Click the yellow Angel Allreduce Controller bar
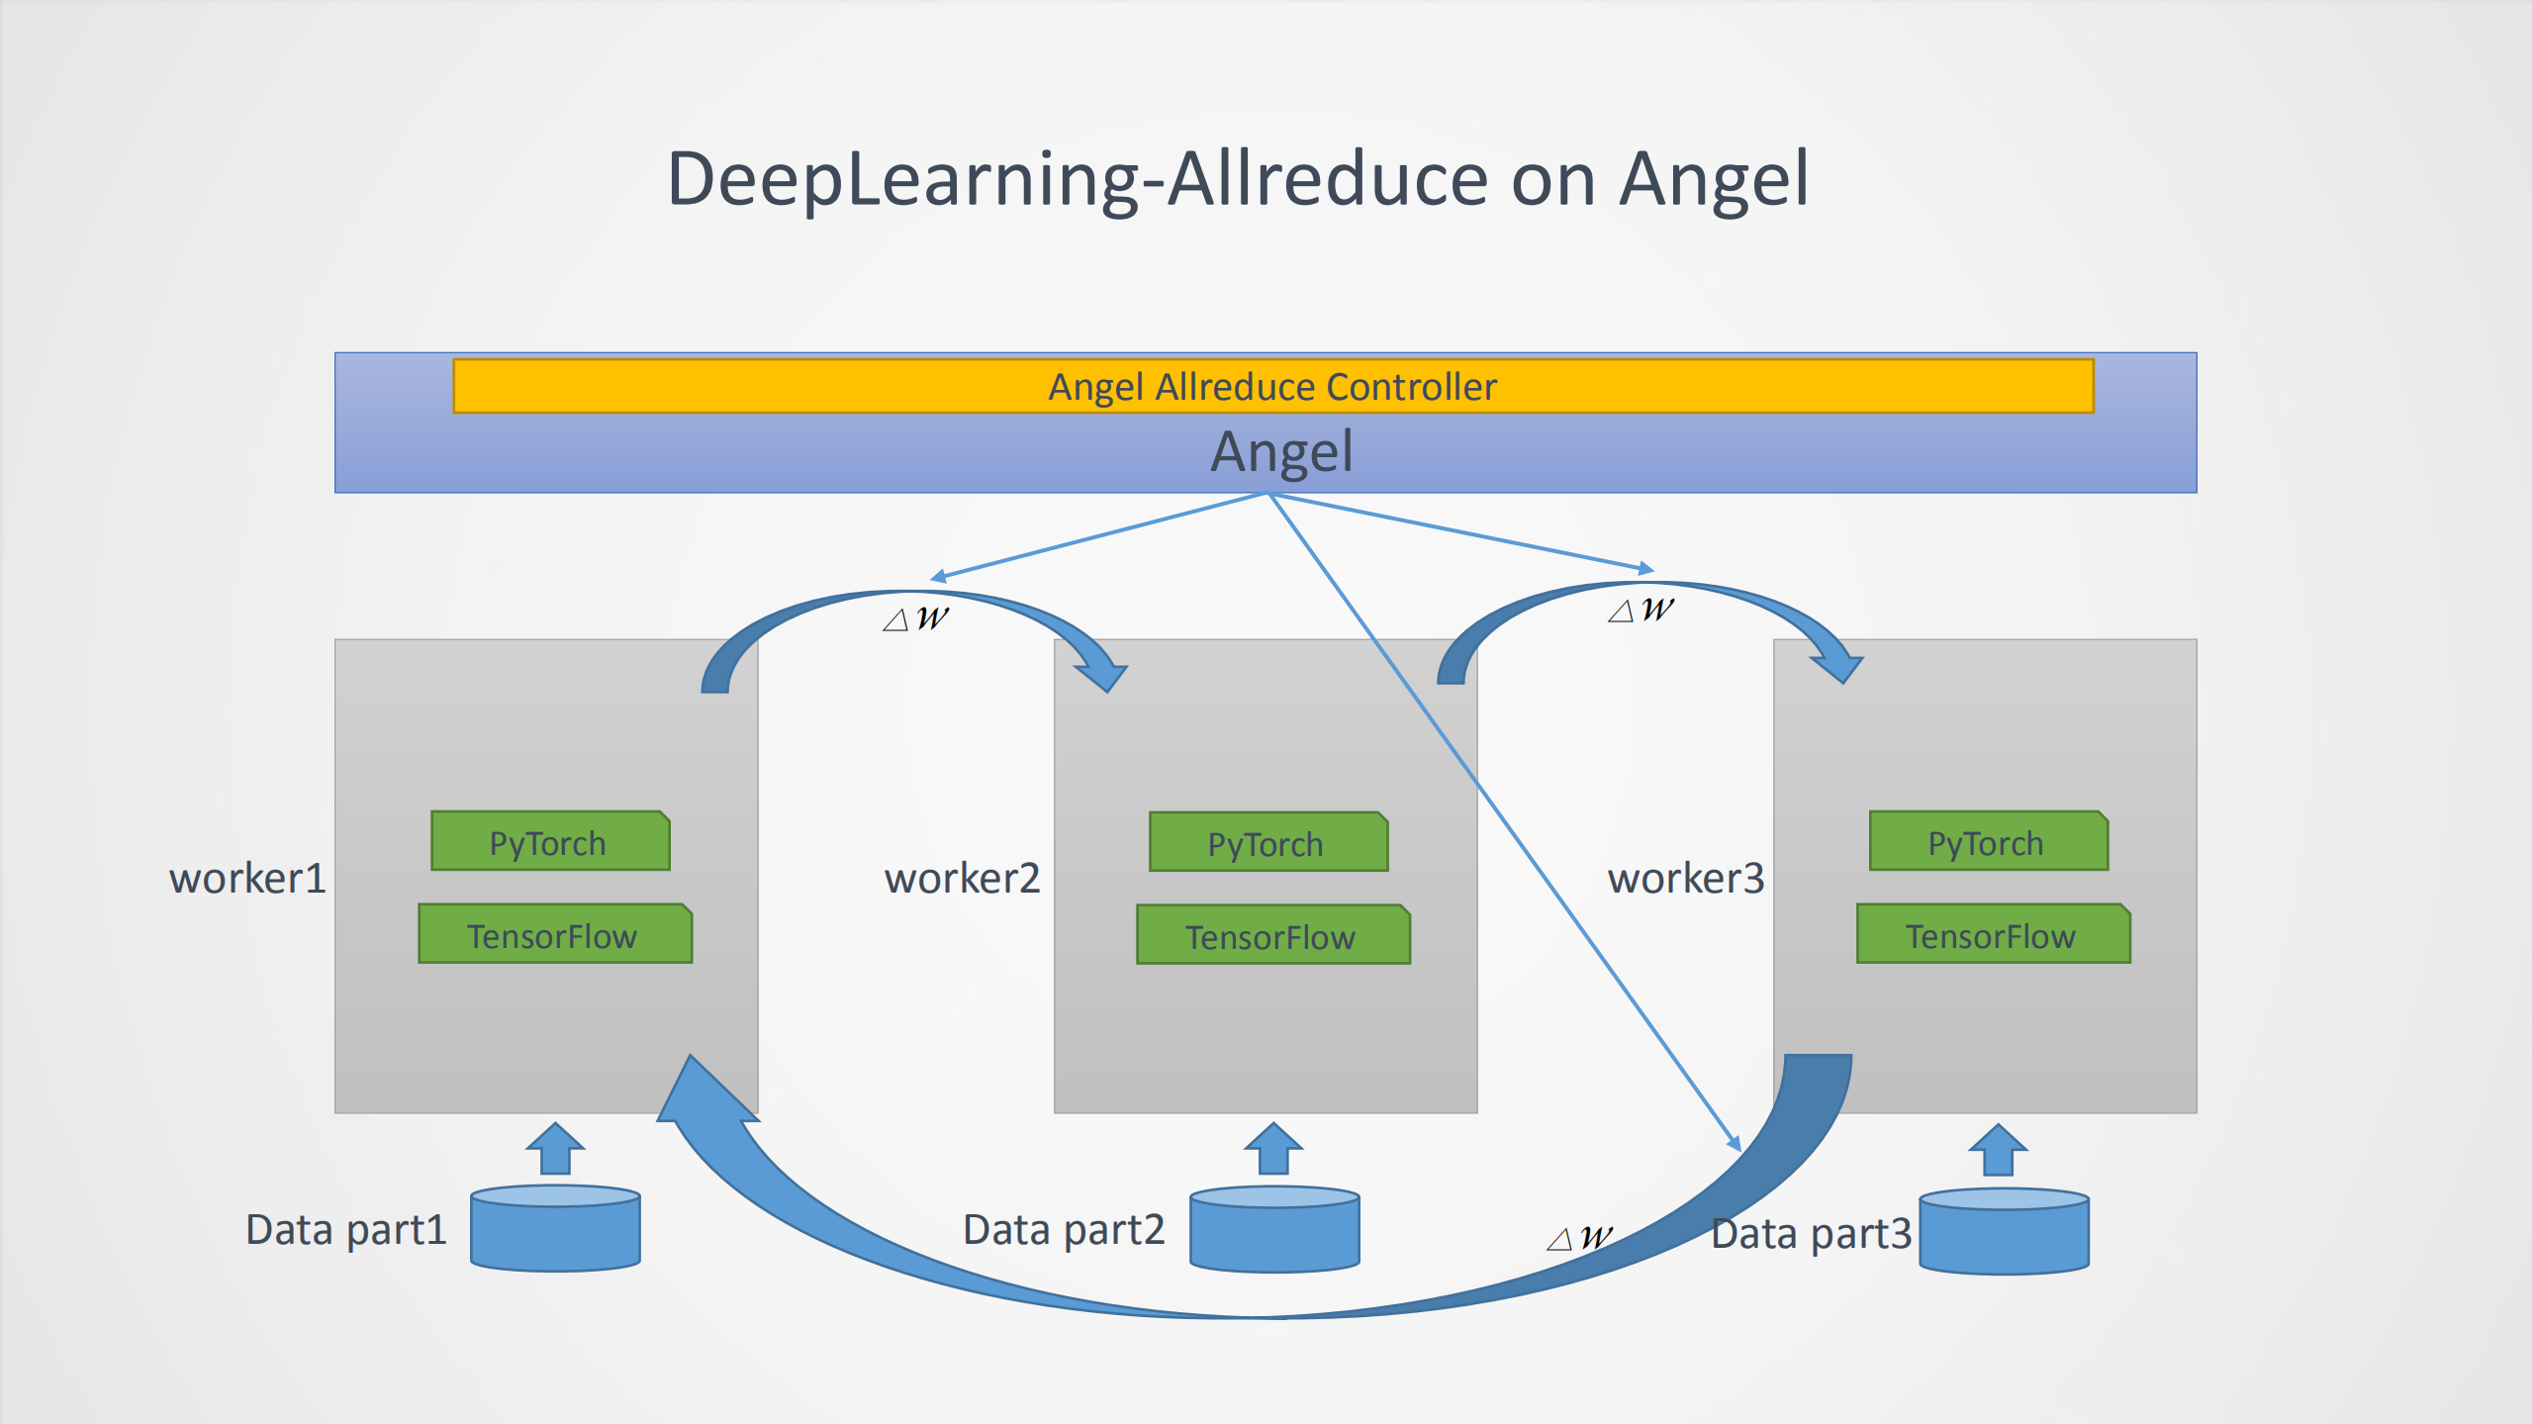click(1272, 386)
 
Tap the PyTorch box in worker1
click(550, 842)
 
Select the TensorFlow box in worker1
click(554, 934)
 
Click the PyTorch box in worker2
click(1267, 843)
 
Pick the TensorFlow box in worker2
click(1272, 935)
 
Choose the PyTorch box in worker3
click(1988, 842)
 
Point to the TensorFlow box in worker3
click(1993, 934)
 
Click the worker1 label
click(247, 878)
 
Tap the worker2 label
click(962, 878)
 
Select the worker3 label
click(1685, 878)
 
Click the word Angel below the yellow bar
click(1281, 452)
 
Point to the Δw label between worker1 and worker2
click(915, 618)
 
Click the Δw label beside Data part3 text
click(1580, 1237)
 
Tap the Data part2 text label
click(1064, 1230)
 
